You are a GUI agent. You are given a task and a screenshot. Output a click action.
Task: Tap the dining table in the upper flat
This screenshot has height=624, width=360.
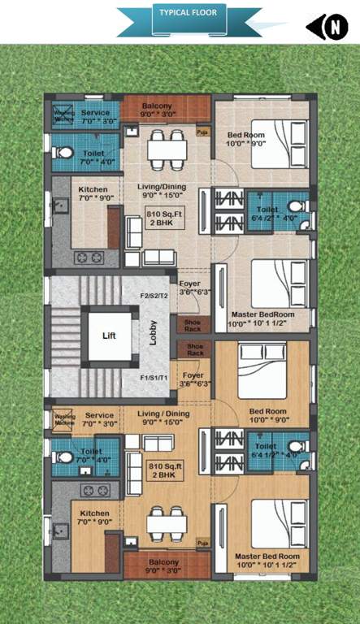[167, 150]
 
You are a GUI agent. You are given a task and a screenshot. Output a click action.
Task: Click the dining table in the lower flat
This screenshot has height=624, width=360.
[167, 519]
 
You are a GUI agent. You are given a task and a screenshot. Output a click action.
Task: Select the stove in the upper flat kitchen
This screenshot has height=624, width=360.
[88, 258]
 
